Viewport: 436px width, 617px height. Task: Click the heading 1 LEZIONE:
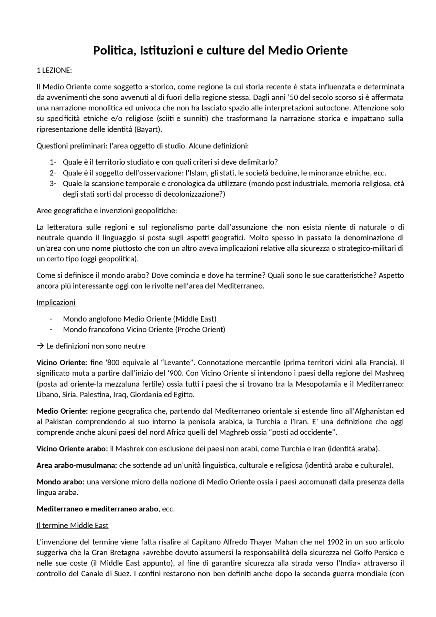point(54,71)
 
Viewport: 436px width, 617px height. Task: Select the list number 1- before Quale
point(53,162)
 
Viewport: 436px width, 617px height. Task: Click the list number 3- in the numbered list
point(53,184)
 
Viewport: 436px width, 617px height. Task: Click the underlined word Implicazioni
point(56,302)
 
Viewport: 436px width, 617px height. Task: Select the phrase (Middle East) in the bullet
point(194,319)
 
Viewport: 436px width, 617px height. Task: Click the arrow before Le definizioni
point(40,346)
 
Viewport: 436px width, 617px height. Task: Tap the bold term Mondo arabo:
point(61,482)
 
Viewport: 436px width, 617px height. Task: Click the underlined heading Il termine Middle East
point(72,525)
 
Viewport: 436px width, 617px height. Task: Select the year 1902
point(334,542)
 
